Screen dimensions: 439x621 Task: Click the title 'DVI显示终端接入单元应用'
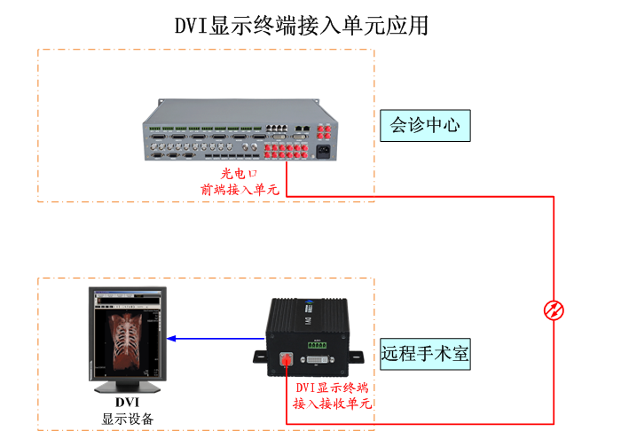click(x=302, y=26)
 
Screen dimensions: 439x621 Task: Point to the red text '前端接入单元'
click(x=240, y=189)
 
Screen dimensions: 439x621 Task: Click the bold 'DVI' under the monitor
click(x=127, y=404)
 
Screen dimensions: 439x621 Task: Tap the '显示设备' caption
click(x=128, y=419)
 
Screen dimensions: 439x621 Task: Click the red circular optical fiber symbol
click(x=554, y=310)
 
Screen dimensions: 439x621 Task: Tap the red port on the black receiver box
click(x=287, y=359)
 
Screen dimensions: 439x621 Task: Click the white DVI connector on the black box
click(x=320, y=359)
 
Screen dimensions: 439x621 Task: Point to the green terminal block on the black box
click(x=319, y=341)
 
